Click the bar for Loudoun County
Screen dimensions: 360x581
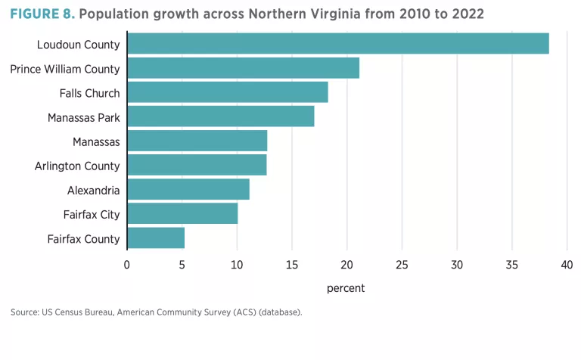(x=337, y=44)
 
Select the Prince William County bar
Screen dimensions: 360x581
(x=243, y=68)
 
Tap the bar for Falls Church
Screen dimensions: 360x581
(x=227, y=92)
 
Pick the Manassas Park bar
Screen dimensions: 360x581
(x=220, y=116)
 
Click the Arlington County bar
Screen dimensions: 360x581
(x=197, y=165)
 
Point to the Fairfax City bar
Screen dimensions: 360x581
(x=182, y=214)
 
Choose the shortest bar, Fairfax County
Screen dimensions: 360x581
(x=156, y=238)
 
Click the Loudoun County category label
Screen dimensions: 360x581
(x=79, y=45)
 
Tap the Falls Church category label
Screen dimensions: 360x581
(x=89, y=93)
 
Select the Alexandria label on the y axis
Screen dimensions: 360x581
(x=93, y=191)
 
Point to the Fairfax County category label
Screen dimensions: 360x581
(x=84, y=239)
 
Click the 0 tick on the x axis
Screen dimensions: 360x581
(x=127, y=265)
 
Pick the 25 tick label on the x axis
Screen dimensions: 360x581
(x=402, y=265)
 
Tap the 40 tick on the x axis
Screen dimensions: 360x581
(x=567, y=265)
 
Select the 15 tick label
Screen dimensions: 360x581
(x=291, y=265)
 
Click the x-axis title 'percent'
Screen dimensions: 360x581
(x=346, y=288)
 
